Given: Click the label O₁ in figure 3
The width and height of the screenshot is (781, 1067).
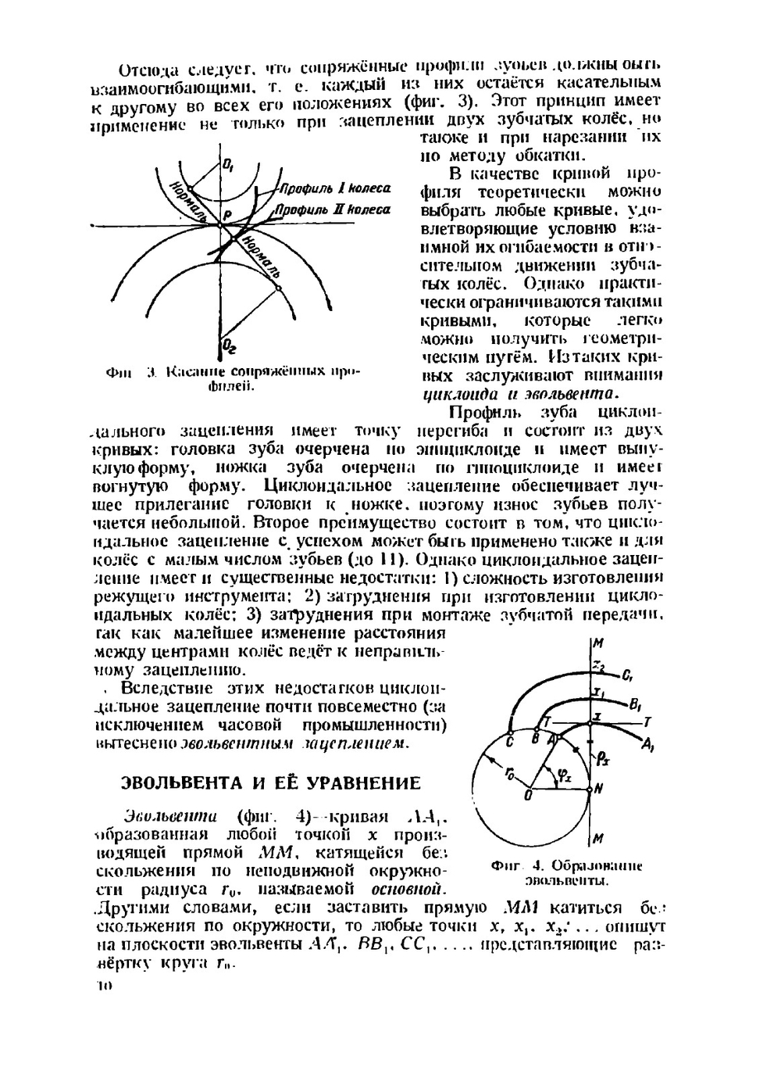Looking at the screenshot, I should coord(229,166).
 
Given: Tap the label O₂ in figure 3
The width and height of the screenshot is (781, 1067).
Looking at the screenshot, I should coord(229,345).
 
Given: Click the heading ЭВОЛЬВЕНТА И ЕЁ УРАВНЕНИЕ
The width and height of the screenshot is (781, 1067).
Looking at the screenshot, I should coord(270,783).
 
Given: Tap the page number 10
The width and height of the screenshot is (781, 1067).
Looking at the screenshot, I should coord(103,986).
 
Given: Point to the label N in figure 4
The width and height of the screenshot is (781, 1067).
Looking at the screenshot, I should coord(598,790).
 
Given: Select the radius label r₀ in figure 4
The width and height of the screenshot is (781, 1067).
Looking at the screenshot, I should coord(508,773).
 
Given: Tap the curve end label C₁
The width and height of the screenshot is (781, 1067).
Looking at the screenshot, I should coord(630,676).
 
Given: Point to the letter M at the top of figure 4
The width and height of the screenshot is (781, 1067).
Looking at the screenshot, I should coord(599,644).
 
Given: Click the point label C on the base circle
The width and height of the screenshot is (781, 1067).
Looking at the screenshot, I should coord(509,739).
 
